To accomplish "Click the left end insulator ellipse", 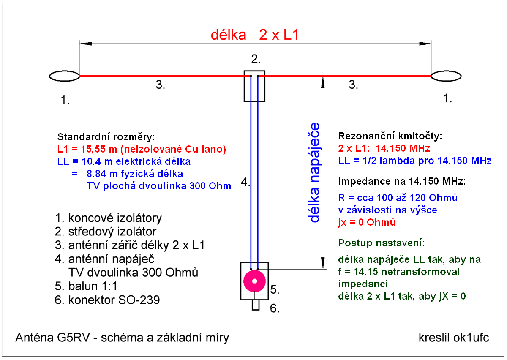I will click(x=65, y=76).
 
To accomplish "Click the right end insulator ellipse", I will click(x=446, y=76).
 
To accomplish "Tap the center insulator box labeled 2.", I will click(x=254, y=86).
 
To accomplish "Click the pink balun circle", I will click(x=254, y=281).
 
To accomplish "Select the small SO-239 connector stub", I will click(x=255, y=305).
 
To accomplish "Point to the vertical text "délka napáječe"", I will click(x=314, y=172).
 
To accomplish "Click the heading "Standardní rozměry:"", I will click(x=106, y=137).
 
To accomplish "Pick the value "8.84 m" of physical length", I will click(x=101, y=174).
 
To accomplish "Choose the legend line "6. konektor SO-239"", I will click(x=107, y=300).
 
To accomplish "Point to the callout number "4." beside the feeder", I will click(x=245, y=183).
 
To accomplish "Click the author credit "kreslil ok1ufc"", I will click(x=453, y=338).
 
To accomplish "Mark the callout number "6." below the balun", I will click(x=275, y=308).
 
